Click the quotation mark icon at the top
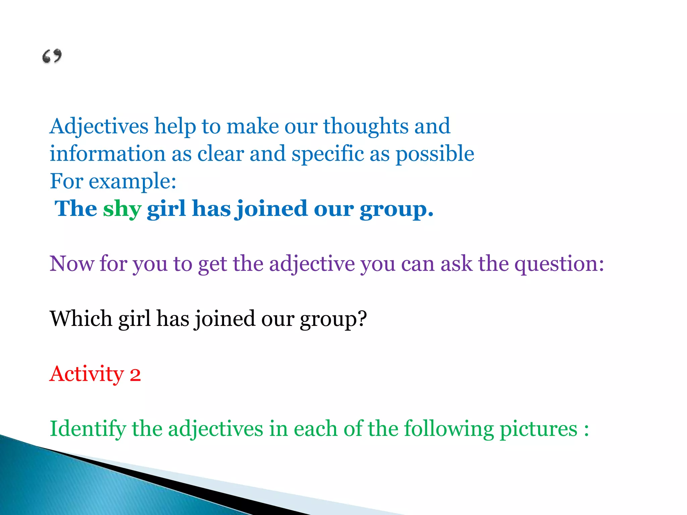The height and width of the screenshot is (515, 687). pyautogui.click(x=52, y=56)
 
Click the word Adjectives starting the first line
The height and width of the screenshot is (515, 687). pyautogui.click(x=99, y=127)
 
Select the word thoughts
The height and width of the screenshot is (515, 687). pyautogui.click(x=365, y=127)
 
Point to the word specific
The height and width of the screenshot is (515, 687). pyautogui.click(x=328, y=154)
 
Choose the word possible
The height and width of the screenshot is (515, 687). pyautogui.click(x=435, y=154)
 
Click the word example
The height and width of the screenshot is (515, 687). pyautogui.click(x=133, y=182)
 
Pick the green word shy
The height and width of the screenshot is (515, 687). pyautogui.click(x=122, y=209)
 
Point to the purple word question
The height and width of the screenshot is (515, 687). pyautogui.click(x=559, y=264)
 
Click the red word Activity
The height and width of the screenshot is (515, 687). pyautogui.click(x=87, y=374)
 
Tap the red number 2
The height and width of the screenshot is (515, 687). pyautogui.click(x=135, y=375)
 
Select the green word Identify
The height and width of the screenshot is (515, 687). pyautogui.click(x=87, y=429)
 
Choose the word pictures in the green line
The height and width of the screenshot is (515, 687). pyautogui.click(x=538, y=429)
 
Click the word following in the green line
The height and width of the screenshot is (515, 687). pyautogui.click(x=448, y=429)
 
